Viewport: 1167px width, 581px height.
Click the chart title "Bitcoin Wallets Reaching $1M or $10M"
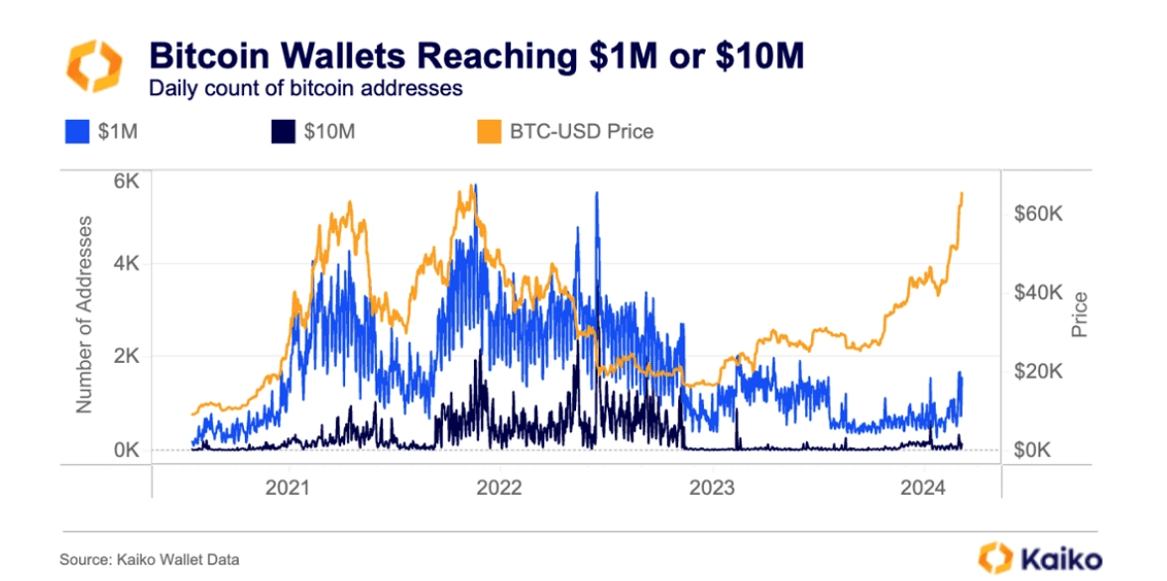[x=476, y=57]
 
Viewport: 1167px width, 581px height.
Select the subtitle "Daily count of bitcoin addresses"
[x=305, y=87]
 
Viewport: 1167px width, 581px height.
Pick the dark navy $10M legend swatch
[x=282, y=130]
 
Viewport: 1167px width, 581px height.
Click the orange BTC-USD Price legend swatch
[x=488, y=130]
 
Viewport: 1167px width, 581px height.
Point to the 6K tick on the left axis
[x=126, y=181]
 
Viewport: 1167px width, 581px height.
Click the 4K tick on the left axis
[x=126, y=264]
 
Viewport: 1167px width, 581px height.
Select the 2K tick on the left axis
[x=126, y=356]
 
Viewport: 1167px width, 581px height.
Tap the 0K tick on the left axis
[x=126, y=449]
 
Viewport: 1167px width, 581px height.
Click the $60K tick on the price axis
[x=1037, y=214]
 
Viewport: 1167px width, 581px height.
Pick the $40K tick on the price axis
[x=1037, y=292]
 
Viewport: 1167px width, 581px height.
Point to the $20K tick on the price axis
[x=1037, y=371]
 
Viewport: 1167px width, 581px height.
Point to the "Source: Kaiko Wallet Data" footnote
[x=150, y=560]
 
